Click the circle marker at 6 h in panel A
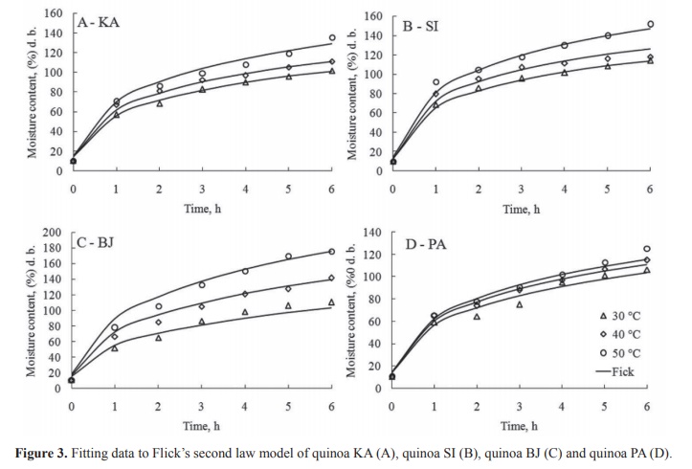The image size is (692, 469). coord(332,38)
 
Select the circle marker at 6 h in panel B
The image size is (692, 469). coord(650,25)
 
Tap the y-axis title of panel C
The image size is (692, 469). coord(32,310)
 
